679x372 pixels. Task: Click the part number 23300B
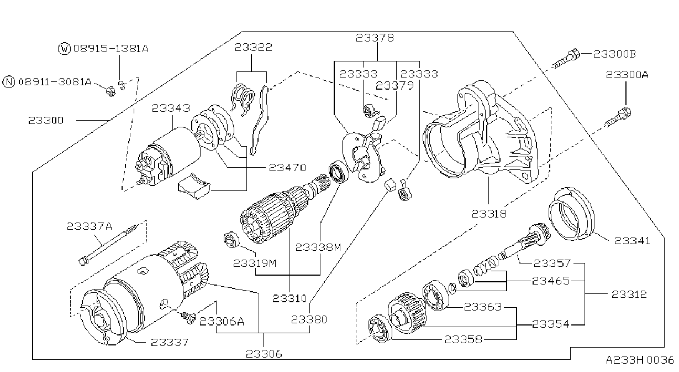pos(614,54)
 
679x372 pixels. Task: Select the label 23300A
pos(627,75)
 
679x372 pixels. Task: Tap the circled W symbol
pos(64,49)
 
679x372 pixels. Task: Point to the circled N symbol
pos(9,82)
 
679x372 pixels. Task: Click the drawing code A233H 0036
pos(640,360)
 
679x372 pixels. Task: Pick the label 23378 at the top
pos(375,38)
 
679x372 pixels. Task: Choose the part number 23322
pos(254,48)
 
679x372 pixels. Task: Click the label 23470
pos(288,168)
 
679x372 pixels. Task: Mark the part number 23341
pos(633,241)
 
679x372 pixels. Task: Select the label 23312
pos(629,294)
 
